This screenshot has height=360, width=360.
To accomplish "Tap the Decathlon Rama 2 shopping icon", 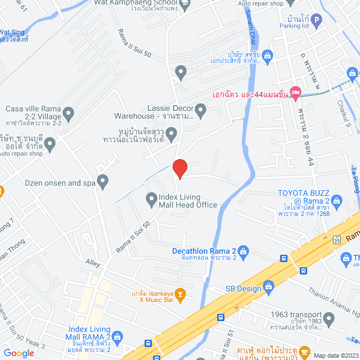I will click(244, 251).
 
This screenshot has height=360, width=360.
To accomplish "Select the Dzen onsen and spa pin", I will click(102, 181).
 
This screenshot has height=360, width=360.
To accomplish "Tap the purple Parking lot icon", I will click(316, 22).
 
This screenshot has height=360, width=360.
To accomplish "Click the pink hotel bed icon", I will click(295, 91).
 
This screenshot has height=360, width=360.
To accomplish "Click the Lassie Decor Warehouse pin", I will click(201, 110).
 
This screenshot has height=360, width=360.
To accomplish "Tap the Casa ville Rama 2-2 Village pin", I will click(69, 115).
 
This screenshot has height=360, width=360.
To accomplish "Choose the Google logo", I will click(18, 353).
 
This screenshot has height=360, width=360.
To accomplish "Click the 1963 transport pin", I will click(329, 319).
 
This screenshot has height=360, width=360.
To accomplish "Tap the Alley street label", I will click(92, 263).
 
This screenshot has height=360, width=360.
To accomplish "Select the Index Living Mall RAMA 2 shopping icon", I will click(117, 337).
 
